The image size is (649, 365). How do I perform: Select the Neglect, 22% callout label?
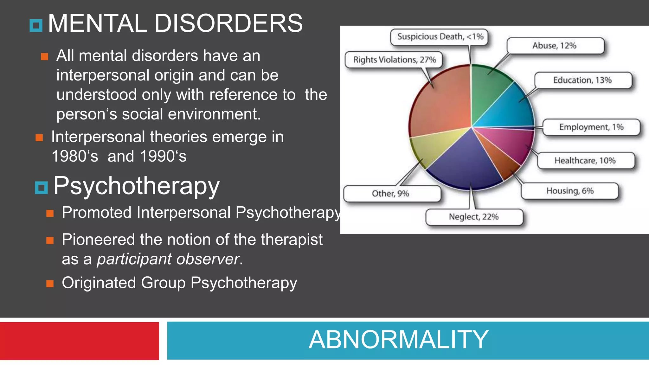(474, 217)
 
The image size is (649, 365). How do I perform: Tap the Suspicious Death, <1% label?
(440, 37)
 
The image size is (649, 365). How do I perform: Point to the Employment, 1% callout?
(591, 127)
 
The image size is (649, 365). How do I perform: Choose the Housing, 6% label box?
(569, 191)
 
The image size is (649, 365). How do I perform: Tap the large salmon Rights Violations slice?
(440, 105)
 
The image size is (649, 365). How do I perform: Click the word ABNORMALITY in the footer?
(398, 340)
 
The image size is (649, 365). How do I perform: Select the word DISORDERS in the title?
(228, 23)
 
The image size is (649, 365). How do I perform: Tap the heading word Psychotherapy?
(136, 186)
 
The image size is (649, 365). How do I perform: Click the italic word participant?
(134, 259)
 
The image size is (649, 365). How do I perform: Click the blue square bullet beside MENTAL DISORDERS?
(36, 26)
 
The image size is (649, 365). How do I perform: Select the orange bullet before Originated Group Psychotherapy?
(50, 283)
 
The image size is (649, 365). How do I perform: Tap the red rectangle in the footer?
(79, 341)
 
